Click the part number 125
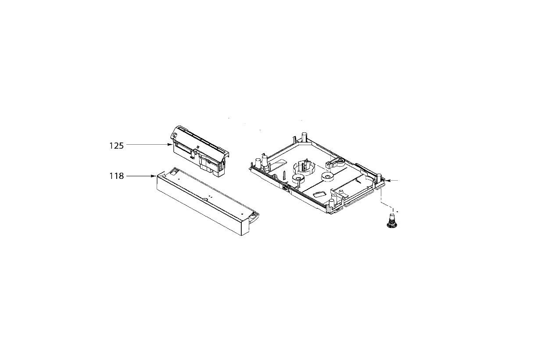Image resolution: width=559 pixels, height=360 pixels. [x=116, y=146]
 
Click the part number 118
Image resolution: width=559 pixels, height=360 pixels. [x=116, y=176]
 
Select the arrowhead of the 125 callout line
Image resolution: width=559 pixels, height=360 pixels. [x=170, y=144]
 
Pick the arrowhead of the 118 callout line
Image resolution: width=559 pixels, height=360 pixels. [x=154, y=176]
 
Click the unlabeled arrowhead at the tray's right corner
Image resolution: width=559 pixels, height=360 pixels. [x=387, y=180]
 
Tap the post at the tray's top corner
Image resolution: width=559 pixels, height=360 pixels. [x=304, y=137]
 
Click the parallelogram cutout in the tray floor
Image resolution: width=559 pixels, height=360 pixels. [x=319, y=194]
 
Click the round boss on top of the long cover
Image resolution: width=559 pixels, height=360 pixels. [x=205, y=199]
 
